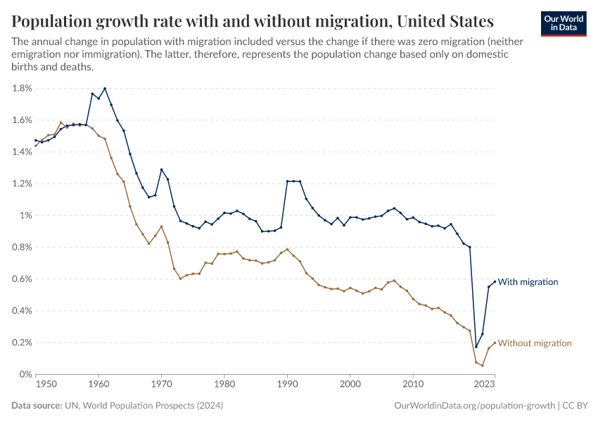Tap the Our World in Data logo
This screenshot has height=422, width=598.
tap(563, 23)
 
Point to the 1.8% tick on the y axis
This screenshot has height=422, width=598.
tap(22, 89)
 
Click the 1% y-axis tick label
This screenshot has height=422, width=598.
tap(25, 216)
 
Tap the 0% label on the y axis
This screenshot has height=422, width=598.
tap(25, 375)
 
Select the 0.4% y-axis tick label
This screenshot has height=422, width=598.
tap(22, 311)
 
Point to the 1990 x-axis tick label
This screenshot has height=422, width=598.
tap(287, 385)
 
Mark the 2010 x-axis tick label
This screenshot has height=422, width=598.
tap(413, 385)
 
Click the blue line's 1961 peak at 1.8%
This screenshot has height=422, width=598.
tap(105, 89)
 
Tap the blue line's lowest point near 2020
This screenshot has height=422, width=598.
tap(476, 347)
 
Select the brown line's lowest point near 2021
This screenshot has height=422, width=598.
tap(482, 365)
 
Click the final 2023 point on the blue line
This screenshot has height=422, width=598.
tap(495, 281)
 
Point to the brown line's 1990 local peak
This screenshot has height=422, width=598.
tap(287, 249)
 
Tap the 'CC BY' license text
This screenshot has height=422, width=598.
tap(575, 406)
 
